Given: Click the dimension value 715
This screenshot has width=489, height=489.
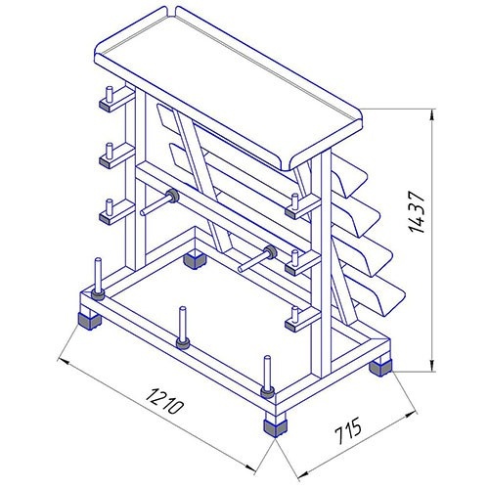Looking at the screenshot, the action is tap(348, 430).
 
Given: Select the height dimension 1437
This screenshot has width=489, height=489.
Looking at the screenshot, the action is tap(417, 211).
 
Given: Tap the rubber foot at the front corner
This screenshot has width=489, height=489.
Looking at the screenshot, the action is tap(276, 424).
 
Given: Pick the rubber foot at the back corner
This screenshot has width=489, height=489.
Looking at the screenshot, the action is tap(195, 259).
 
